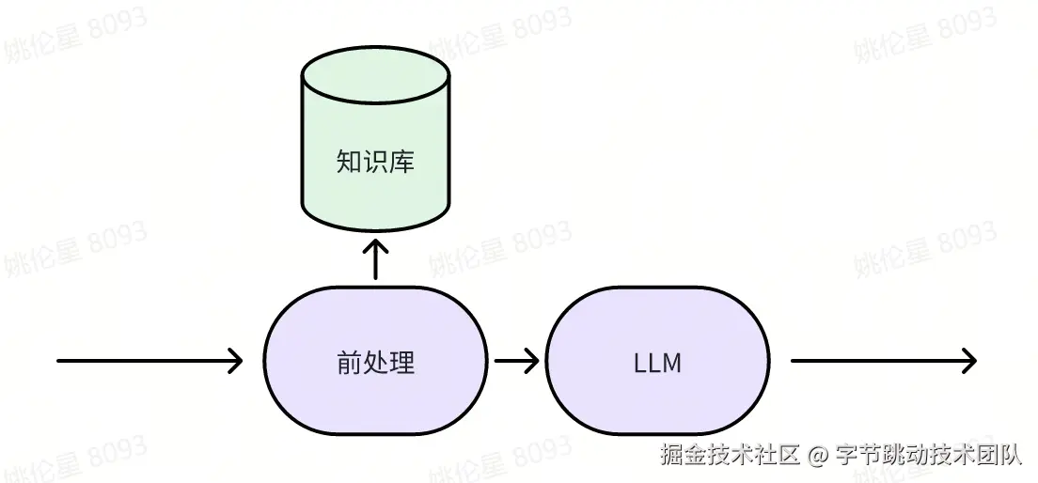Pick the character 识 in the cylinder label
coord(375,163)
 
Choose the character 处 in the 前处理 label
coord(375,362)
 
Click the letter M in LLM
coord(670,363)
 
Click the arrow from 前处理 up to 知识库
coord(375,260)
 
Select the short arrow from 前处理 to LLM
coord(516,361)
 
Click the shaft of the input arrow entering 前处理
coord(141,361)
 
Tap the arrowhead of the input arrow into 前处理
coord(236,361)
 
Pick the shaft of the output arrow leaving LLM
coord(874,361)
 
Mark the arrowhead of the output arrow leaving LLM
coord(969,361)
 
